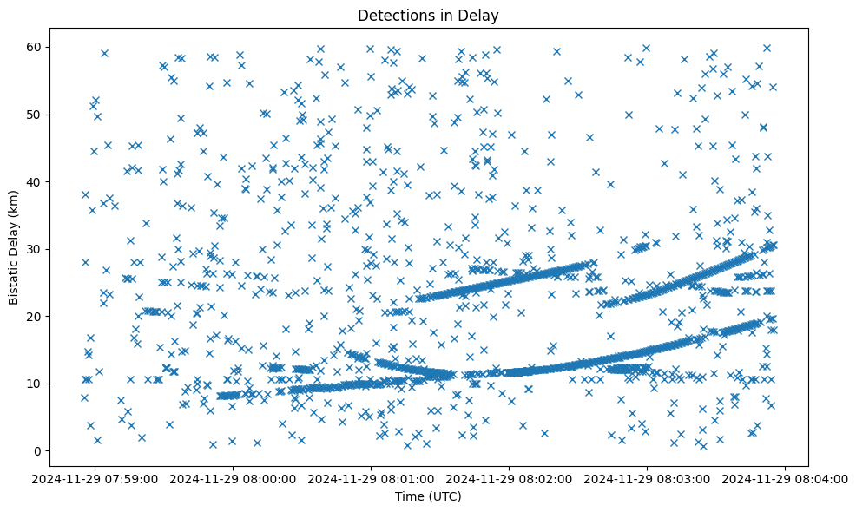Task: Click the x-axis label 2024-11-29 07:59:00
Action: pyautogui.click(x=95, y=478)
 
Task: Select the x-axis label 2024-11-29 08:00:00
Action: pyautogui.click(x=234, y=478)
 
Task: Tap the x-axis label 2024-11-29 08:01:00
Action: pyautogui.click(x=372, y=478)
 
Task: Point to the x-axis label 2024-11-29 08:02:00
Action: pyautogui.click(x=510, y=478)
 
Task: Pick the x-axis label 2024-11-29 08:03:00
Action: pyautogui.click(x=648, y=478)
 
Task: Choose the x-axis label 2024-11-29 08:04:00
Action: pyautogui.click(x=786, y=478)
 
